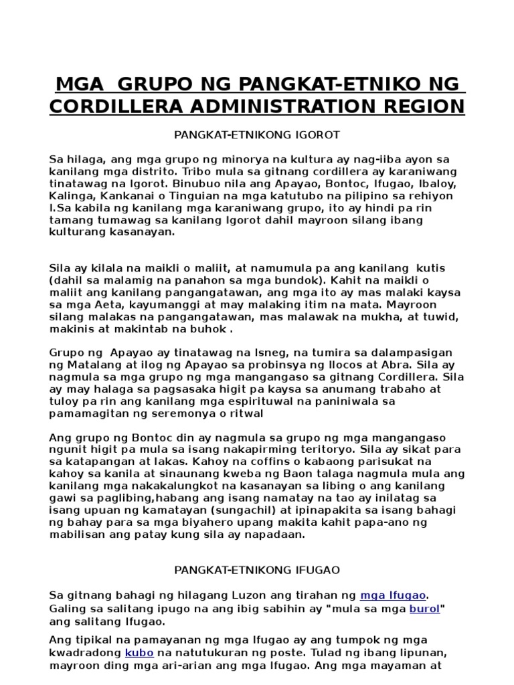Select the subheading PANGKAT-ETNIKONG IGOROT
coord(257,134)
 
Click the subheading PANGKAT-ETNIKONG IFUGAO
coord(257,570)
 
